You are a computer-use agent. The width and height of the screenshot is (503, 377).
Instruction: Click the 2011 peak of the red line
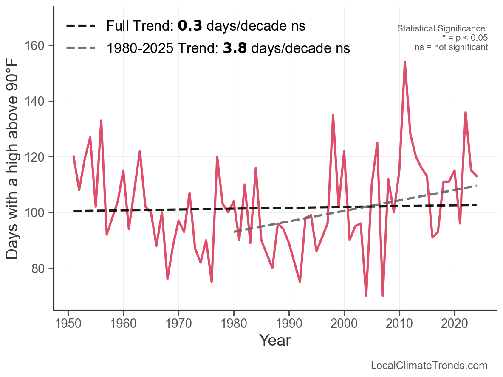click(x=405, y=62)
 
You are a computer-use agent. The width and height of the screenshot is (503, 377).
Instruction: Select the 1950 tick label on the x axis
click(x=68, y=324)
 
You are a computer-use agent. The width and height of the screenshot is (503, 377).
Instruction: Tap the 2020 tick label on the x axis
click(x=455, y=324)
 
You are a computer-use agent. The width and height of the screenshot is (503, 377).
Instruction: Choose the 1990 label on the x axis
click(x=289, y=324)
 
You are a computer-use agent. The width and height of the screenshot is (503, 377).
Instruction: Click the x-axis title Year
click(x=275, y=340)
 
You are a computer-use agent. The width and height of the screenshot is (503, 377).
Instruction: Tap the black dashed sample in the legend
click(x=81, y=26)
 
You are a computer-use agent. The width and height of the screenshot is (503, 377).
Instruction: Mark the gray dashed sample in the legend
click(x=81, y=48)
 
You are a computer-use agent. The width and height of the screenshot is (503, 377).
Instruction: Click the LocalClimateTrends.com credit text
click(x=429, y=366)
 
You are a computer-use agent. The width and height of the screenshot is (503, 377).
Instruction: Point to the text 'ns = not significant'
click(x=451, y=47)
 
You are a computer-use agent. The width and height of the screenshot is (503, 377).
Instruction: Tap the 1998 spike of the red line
click(x=333, y=115)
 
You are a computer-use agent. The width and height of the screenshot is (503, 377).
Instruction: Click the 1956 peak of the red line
click(x=101, y=120)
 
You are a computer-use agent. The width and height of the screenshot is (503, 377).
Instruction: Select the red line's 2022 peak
click(x=466, y=112)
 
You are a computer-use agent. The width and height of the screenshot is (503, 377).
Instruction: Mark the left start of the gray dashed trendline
click(x=234, y=232)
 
